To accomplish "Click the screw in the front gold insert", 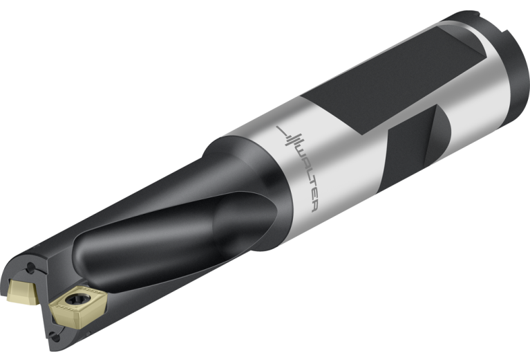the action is (78, 299).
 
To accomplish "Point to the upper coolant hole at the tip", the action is (31, 268).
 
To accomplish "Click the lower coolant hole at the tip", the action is (55, 336).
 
